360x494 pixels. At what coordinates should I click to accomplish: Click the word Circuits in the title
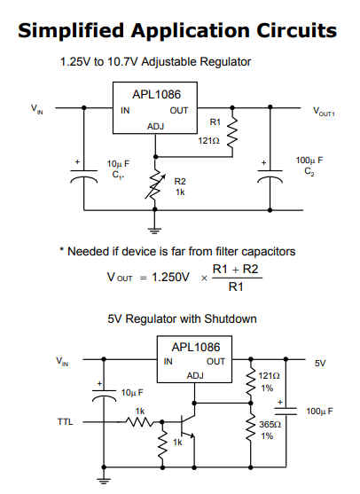tap(296, 30)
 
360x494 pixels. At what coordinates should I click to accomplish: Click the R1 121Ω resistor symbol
tap(232, 132)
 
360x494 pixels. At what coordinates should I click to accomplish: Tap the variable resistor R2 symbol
tap(154, 185)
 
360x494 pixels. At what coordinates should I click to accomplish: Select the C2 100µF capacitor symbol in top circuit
tap(270, 176)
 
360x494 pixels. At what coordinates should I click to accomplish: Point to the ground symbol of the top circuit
tap(154, 231)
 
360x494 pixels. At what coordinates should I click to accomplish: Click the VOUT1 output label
tap(324, 112)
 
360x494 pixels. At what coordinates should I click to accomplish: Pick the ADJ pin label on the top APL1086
tap(155, 126)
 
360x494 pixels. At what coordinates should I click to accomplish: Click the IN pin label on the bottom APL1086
tap(168, 361)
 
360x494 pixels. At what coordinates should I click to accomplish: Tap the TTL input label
tap(65, 421)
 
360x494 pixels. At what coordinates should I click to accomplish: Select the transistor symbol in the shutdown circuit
tap(188, 427)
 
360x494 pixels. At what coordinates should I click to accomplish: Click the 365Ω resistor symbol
tap(251, 427)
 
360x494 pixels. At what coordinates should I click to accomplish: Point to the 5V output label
tap(320, 364)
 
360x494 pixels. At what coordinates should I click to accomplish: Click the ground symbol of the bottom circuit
tap(104, 481)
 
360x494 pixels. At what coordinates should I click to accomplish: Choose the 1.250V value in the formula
tap(171, 278)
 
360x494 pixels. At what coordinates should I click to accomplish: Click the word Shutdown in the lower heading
tap(231, 318)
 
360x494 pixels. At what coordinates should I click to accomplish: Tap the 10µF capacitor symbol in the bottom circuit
tap(104, 396)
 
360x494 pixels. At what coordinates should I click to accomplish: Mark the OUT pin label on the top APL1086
tap(179, 111)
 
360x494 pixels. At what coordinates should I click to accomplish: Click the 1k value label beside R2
tap(180, 192)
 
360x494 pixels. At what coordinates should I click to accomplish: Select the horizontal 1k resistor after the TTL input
tap(140, 421)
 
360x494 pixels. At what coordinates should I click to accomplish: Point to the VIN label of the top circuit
tap(37, 109)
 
